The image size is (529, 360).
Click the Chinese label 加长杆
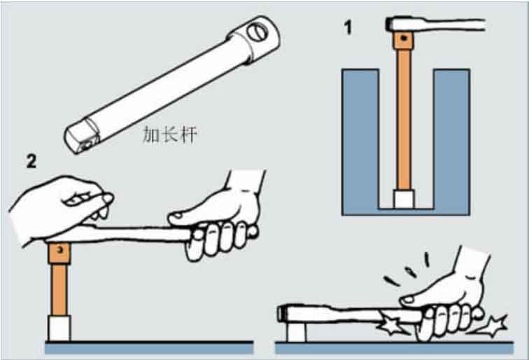click(170, 134)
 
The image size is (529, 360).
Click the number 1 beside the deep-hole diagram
click(348, 27)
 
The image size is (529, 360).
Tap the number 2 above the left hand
click(31, 161)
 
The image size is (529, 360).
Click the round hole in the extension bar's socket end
click(258, 32)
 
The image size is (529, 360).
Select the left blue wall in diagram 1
click(360, 142)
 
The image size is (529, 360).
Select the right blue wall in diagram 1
click(451, 142)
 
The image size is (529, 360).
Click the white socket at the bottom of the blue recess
click(404, 199)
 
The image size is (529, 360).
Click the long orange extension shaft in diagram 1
click(404, 119)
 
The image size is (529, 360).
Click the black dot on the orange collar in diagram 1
click(404, 39)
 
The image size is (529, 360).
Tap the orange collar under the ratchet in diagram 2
click(59, 254)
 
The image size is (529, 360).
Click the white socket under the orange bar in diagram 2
click(59, 328)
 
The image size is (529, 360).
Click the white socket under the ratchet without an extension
click(296, 331)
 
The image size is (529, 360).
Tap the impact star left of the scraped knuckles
click(391, 325)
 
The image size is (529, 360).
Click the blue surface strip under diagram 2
click(149, 348)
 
